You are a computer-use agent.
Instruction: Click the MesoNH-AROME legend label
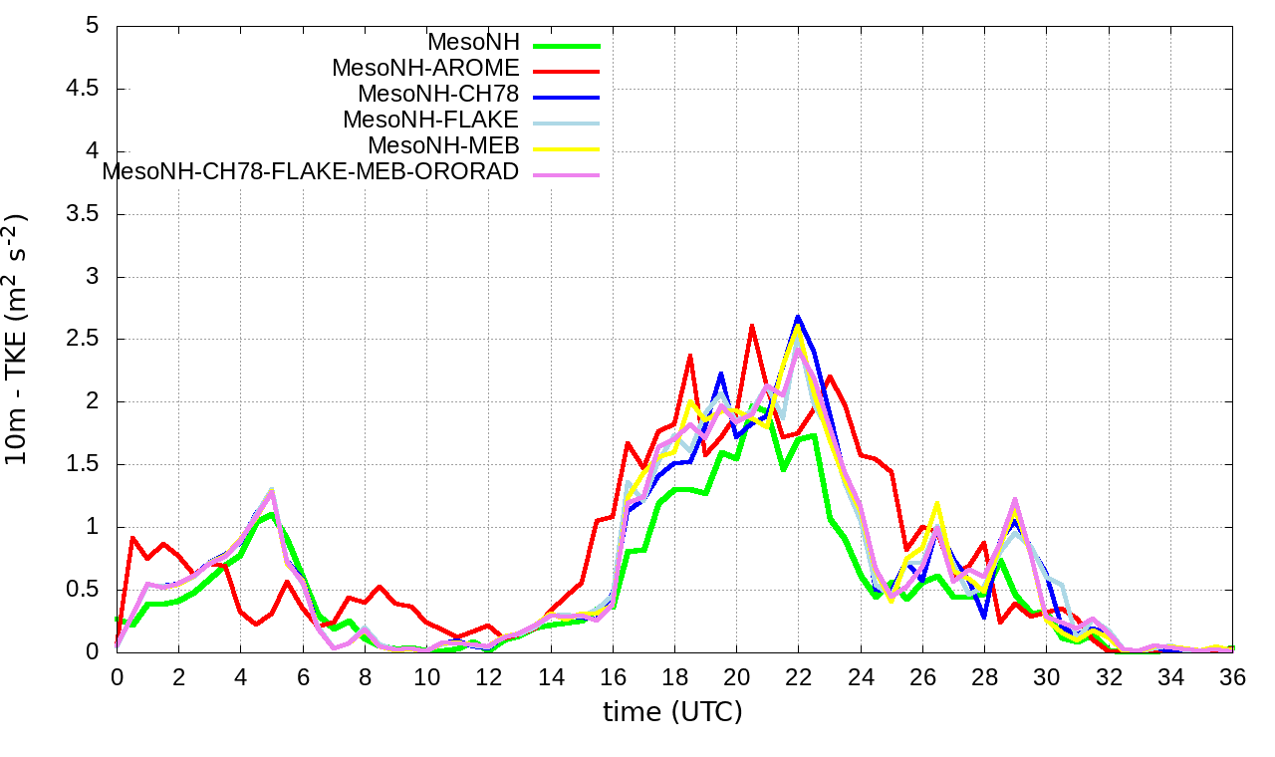425,69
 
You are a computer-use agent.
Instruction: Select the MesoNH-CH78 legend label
438,95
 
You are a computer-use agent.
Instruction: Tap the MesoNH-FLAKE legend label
430,121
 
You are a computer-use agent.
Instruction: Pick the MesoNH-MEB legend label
443,146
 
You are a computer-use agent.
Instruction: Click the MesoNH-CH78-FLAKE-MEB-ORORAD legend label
311,172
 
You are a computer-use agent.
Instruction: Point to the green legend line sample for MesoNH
567,45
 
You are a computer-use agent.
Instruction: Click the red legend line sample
567,71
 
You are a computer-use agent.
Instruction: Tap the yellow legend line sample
567,148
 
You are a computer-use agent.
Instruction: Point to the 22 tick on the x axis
798,676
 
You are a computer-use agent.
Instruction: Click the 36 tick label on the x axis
1231,676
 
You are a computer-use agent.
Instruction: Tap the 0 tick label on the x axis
117,676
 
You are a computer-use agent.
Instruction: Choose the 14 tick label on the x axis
550,676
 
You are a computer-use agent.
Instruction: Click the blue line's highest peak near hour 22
798,317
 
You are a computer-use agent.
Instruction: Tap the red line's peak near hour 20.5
751,326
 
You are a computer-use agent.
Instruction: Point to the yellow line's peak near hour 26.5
936,503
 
